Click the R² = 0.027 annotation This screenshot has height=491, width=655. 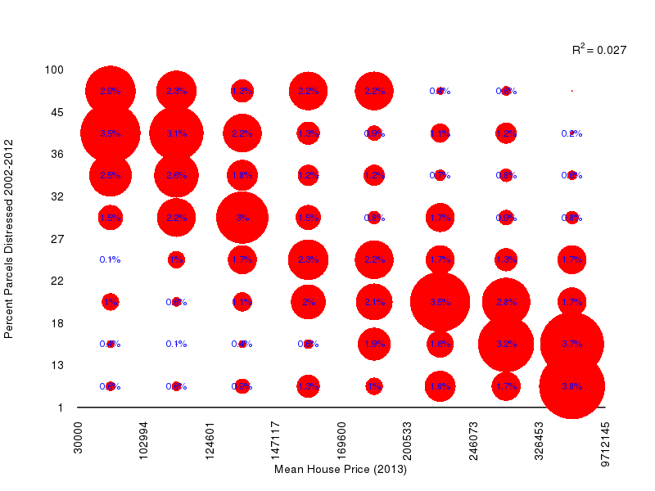click(599, 51)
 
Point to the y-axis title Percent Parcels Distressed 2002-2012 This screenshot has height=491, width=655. click(9, 238)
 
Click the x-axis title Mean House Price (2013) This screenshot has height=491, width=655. click(341, 470)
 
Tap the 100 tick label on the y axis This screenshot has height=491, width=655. click(54, 70)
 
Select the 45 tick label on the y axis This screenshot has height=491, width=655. click(57, 112)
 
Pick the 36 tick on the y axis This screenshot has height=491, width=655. click(57, 154)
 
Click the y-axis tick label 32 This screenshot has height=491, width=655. click(57, 196)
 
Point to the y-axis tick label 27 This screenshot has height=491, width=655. click(57, 239)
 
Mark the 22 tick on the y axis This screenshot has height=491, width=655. click(57, 281)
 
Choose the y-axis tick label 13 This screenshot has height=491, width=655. click(57, 365)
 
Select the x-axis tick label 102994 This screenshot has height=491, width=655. click(143, 439)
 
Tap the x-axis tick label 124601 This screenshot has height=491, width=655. click(210, 439)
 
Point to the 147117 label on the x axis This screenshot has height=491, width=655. click(276, 439)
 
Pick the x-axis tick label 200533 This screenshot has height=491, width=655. click(408, 439)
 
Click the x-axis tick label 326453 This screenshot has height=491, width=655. click(540, 439)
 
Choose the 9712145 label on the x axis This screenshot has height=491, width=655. click(605, 442)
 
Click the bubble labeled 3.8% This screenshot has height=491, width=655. click(571, 386)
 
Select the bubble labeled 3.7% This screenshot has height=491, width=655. click(571, 345)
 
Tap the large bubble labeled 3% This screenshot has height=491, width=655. click(242, 218)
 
